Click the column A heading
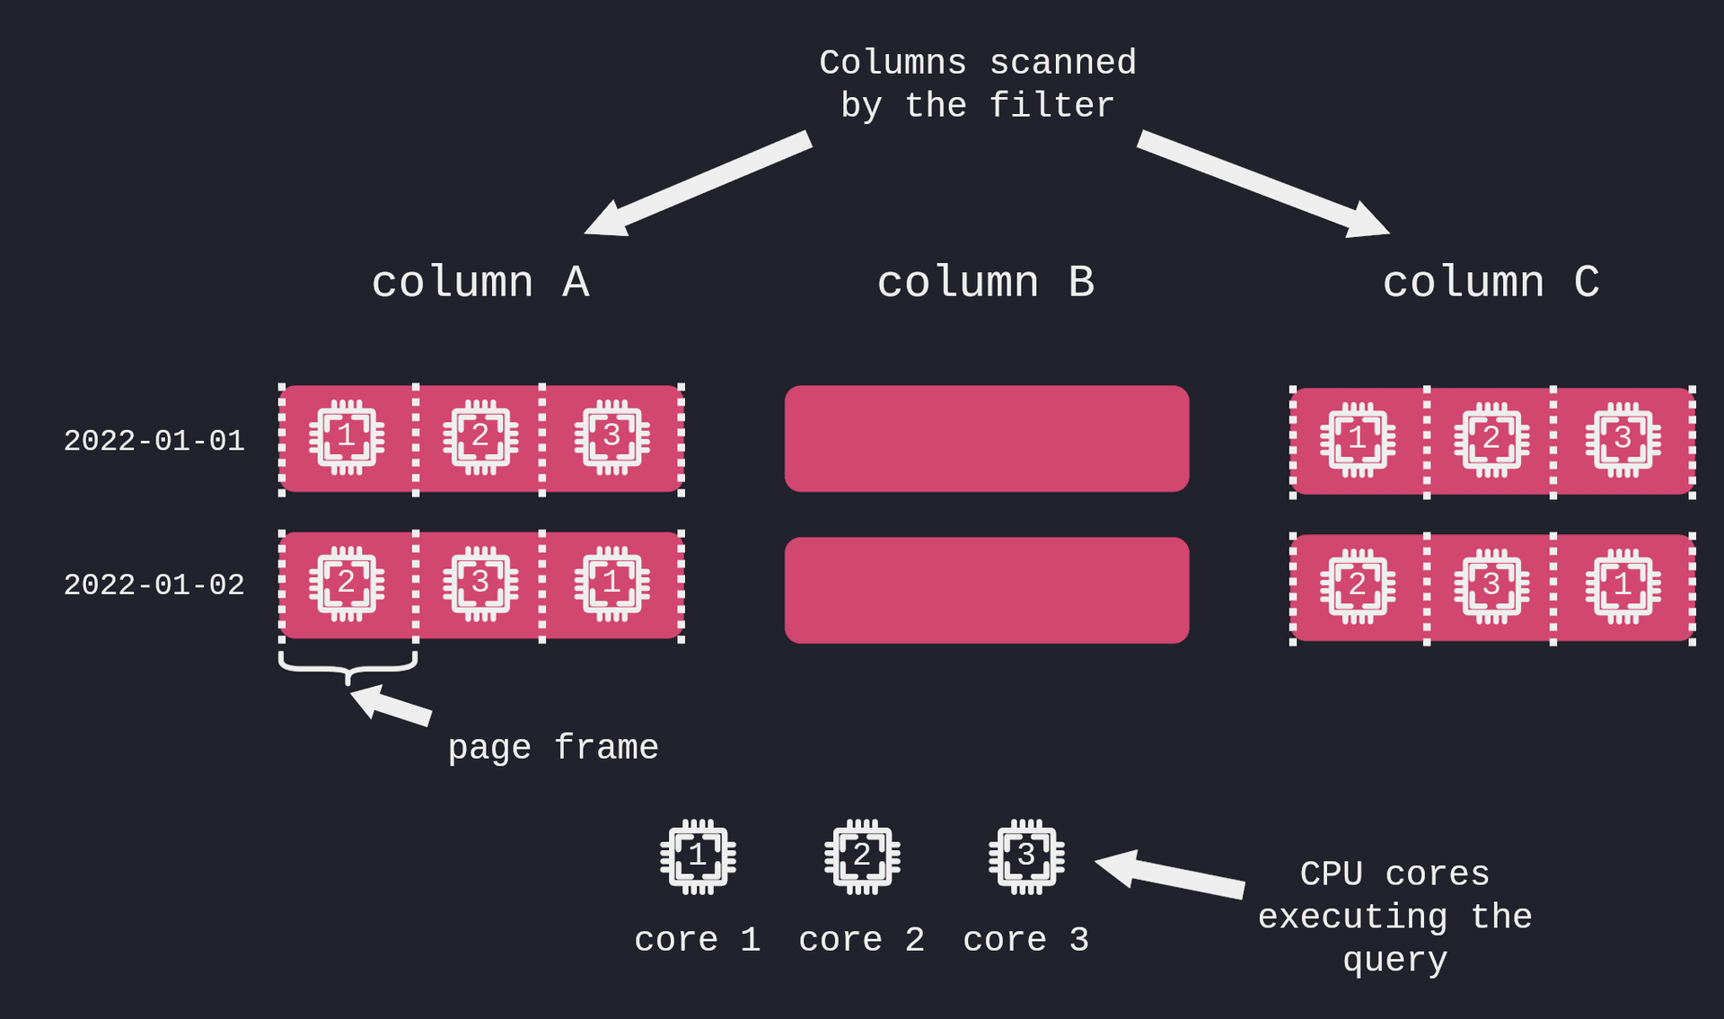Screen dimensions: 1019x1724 (480, 283)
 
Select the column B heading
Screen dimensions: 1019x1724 (985, 283)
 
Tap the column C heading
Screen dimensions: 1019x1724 (1491, 283)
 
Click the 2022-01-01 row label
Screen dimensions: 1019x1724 (154, 441)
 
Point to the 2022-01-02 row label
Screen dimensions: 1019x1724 (154, 585)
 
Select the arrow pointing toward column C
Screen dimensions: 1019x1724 (1262, 184)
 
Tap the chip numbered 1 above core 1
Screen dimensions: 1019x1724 (698, 856)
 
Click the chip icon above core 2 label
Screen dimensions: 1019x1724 (862, 856)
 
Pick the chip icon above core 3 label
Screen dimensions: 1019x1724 (1026, 856)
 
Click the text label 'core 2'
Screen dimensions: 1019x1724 (862, 940)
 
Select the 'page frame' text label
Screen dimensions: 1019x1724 (553, 748)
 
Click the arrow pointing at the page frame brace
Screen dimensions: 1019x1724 (391, 705)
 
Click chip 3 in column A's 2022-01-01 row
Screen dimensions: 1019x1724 (611, 437)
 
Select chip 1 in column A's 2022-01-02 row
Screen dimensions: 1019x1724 (611, 584)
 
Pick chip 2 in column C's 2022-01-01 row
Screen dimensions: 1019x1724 (1491, 440)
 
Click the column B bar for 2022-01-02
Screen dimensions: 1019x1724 (986, 590)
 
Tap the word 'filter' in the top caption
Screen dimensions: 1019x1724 (1051, 106)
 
